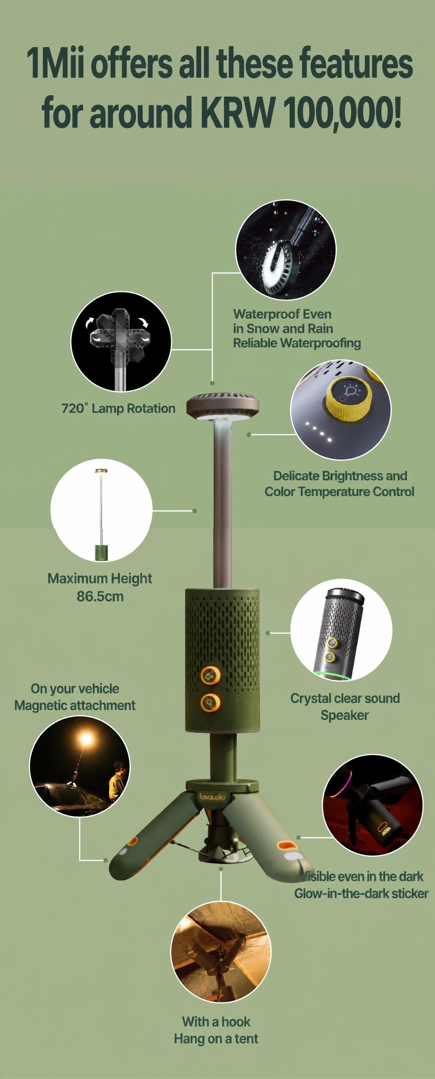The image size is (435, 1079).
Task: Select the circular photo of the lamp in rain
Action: click(x=286, y=250)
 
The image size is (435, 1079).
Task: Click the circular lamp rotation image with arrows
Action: click(x=121, y=342)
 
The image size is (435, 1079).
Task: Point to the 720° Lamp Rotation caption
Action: click(x=118, y=408)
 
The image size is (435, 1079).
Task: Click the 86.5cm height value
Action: click(x=100, y=596)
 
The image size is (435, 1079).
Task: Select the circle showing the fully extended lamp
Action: click(x=101, y=511)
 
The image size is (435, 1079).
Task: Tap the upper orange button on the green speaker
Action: click(x=209, y=676)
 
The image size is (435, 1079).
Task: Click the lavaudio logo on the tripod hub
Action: click(x=212, y=796)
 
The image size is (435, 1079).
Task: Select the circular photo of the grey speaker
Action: click(x=341, y=630)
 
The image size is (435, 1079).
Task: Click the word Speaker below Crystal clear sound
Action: click(x=344, y=715)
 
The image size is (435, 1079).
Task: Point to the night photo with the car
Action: click(x=80, y=766)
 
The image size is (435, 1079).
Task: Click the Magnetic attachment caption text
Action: click(x=75, y=706)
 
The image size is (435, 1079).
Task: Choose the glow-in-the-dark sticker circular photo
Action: click(x=373, y=805)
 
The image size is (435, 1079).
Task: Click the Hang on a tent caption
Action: click(x=216, y=1039)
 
